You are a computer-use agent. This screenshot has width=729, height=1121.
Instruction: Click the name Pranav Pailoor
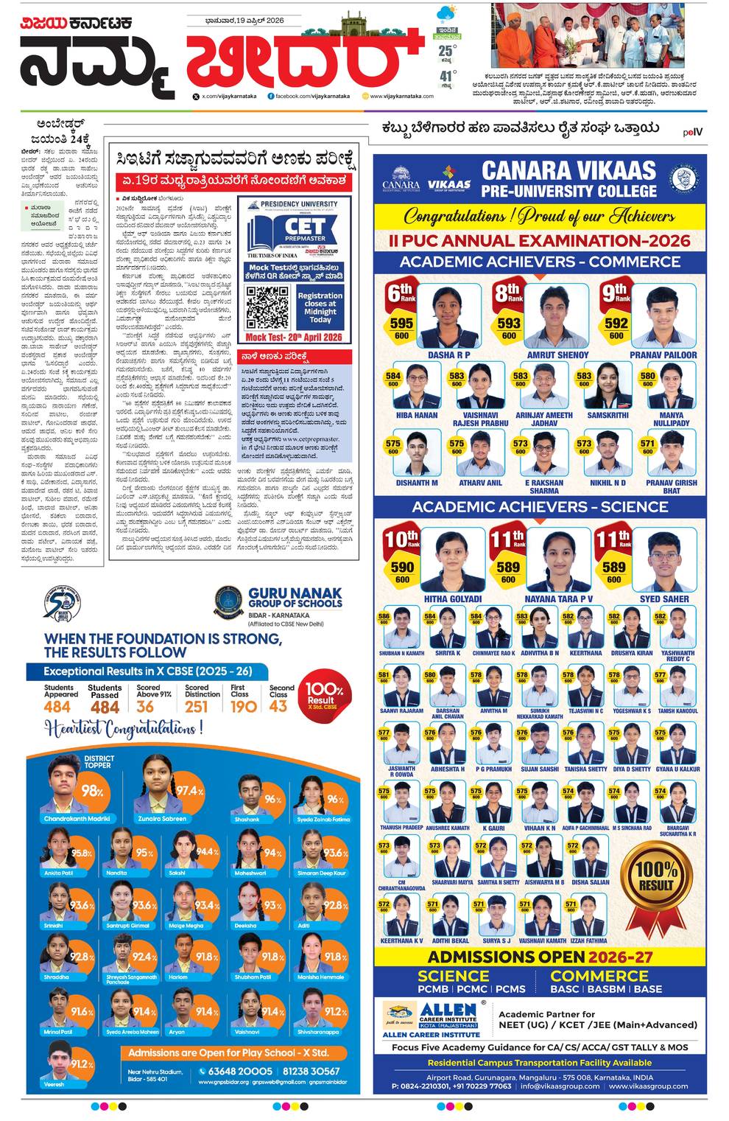(663, 355)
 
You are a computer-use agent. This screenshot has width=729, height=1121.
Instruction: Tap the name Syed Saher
(664, 599)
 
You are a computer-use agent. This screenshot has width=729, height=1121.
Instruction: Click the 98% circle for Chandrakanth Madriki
(92, 791)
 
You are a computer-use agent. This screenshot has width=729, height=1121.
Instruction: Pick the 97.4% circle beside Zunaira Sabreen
(189, 790)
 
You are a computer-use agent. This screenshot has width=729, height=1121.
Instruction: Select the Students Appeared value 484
(57, 707)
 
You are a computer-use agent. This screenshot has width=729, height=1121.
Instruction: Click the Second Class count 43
(278, 706)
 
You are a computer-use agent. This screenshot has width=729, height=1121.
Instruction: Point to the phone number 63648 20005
(240, 1071)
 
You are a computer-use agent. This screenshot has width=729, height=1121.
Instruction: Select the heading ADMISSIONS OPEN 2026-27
(540, 957)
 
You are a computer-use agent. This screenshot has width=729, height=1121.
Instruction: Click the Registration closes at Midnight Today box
(320, 307)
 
